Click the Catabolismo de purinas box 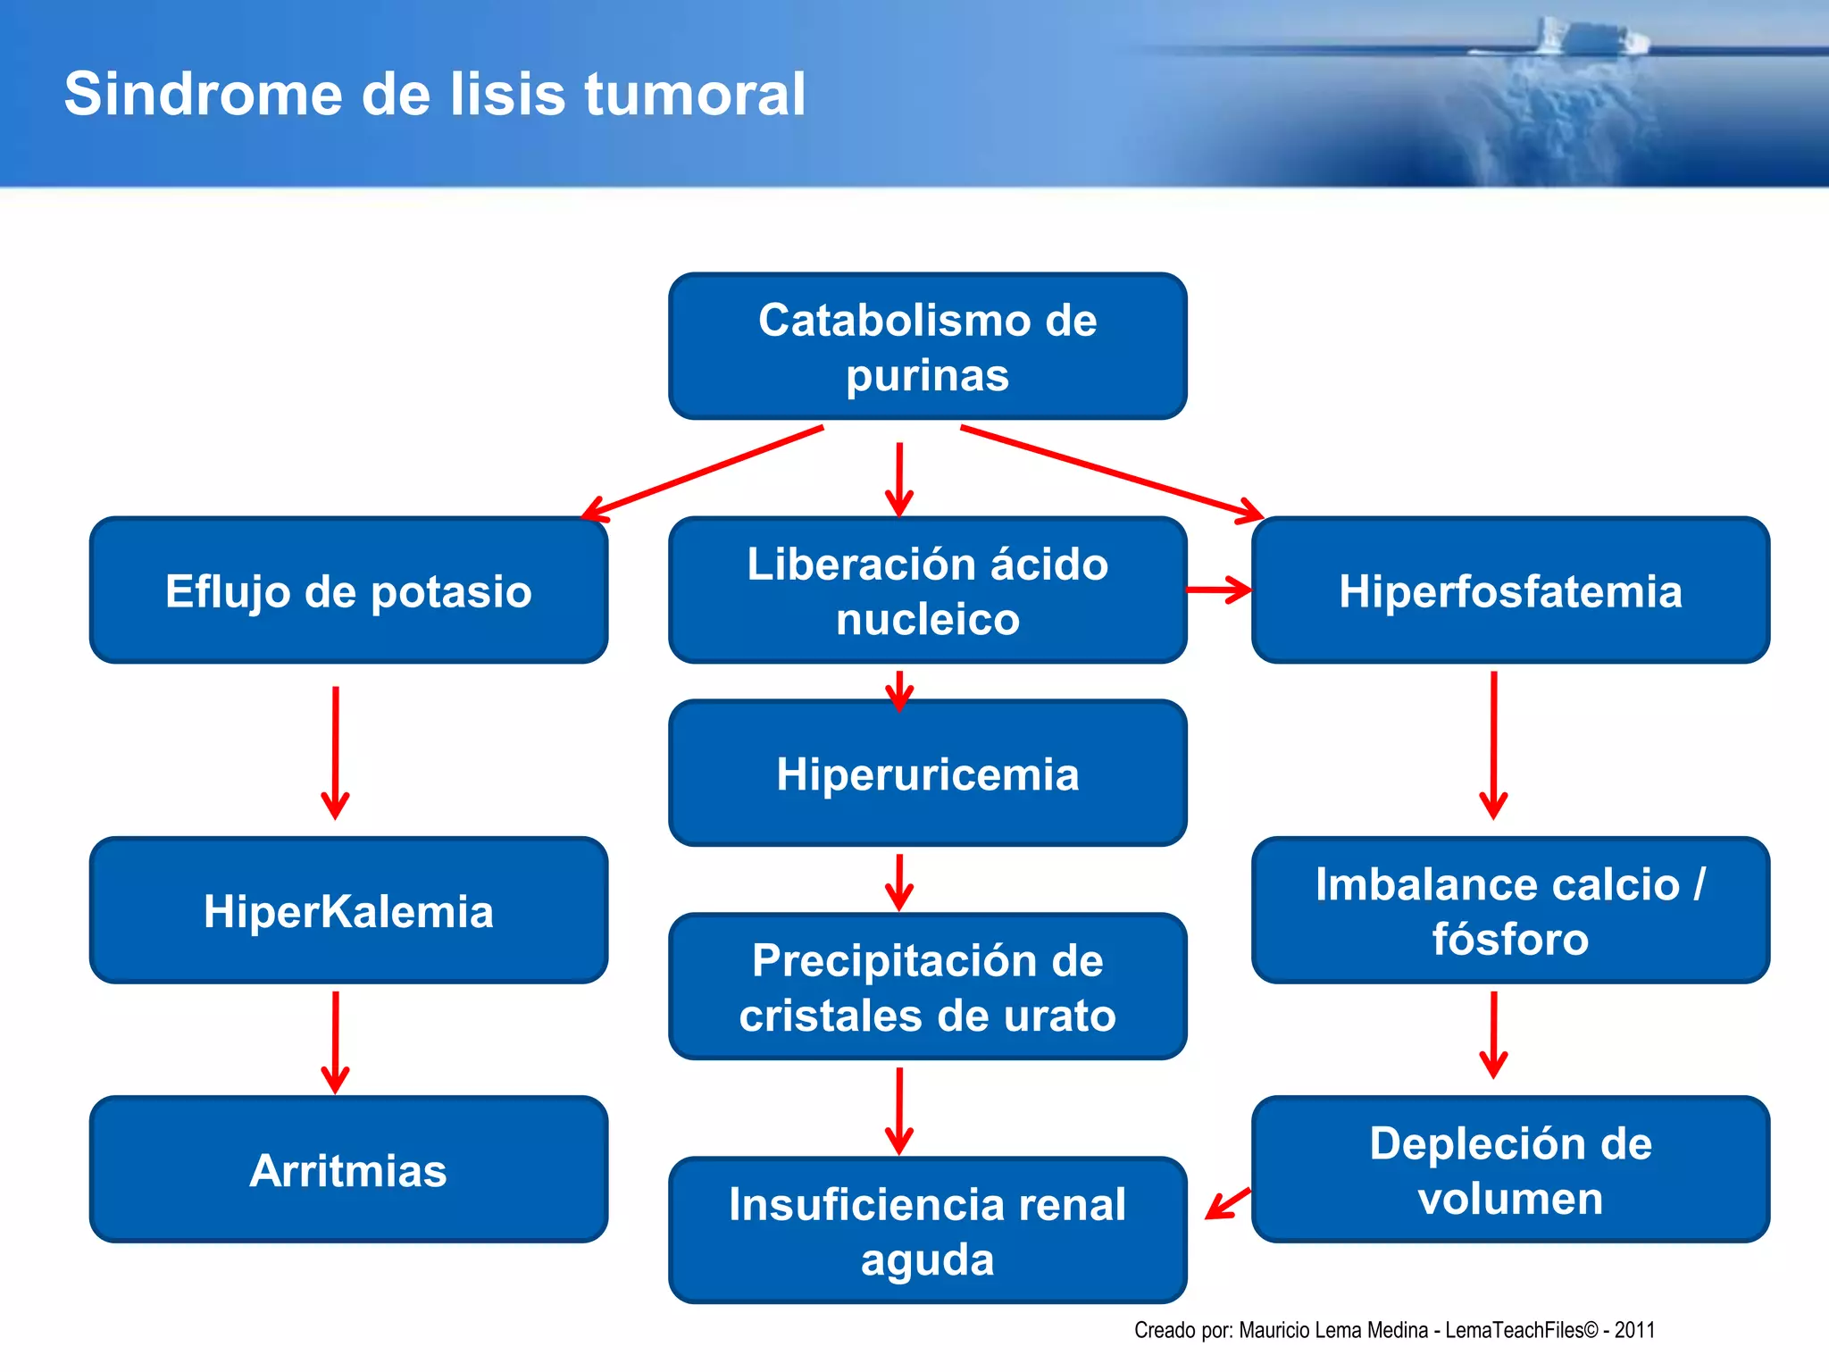(x=927, y=347)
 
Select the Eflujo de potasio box (x=348, y=590)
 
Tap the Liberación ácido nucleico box (x=927, y=590)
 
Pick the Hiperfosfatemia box (x=1510, y=590)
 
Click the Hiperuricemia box (x=927, y=774)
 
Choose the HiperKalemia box (x=348, y=911)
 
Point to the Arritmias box (x=348, y=1170)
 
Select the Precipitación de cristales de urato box (x=927, y=987)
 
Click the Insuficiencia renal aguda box (x=927, y=1231)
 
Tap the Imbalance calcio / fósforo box (x=1510, y=911)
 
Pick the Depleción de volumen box (x=1510, y=1170)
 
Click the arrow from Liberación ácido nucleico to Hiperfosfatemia (x=1219, y=590)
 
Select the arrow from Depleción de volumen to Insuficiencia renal (x=1228, y=1203)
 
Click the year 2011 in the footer (x=1634, y=1330)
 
